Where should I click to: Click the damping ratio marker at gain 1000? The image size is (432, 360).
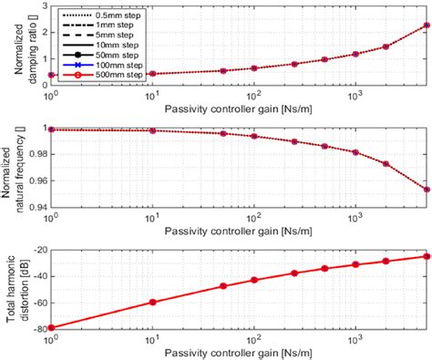pos(355,54)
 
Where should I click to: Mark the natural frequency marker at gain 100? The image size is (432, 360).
pos(253,137)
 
